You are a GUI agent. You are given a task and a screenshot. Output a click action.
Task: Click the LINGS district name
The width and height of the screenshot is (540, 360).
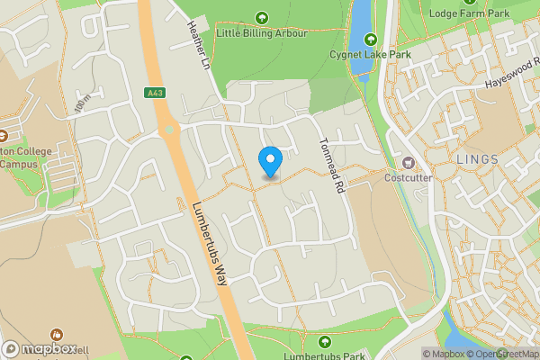pos(477,159)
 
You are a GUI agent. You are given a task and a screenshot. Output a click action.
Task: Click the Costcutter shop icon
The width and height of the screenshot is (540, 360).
pos(409,163)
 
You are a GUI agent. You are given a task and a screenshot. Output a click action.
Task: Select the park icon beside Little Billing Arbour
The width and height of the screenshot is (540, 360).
pos(262,17)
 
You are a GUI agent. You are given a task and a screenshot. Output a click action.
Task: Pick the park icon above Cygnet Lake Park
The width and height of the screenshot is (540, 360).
pos(370,40)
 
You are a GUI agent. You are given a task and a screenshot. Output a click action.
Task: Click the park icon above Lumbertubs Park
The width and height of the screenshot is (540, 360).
pos(325,340)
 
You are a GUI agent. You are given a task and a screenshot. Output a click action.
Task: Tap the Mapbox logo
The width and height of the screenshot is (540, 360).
pos(40,348)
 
